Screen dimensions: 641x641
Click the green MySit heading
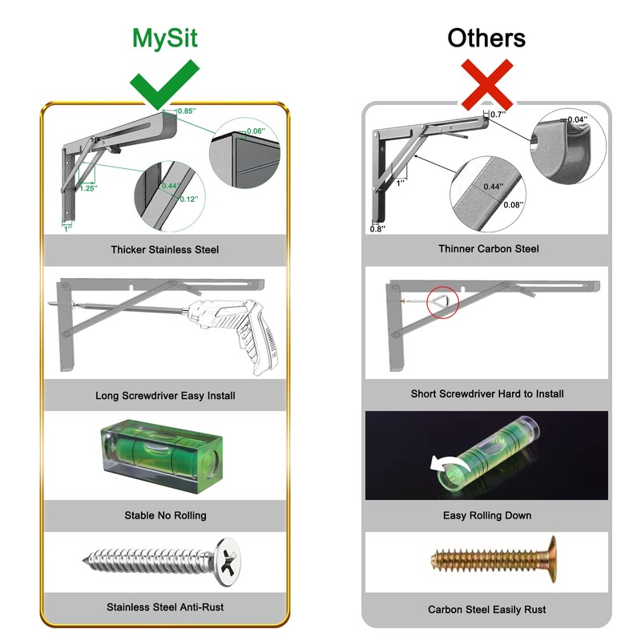[164, 38]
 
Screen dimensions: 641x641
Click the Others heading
[486, 38]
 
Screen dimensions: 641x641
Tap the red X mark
[486, 85]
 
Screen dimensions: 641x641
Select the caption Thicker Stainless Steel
[164, 250]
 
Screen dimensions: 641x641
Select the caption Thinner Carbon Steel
[488, 249]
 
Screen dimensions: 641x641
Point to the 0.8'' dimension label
[377, 229]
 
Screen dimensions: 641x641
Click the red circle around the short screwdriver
[441, 302]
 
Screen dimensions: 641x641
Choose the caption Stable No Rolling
[165, 515]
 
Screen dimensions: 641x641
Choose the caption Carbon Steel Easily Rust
[487, 610]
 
